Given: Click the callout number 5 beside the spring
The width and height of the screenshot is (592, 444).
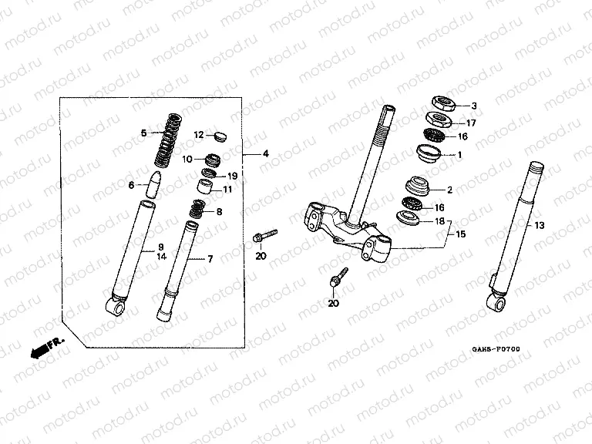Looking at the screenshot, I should (x=143, y=133).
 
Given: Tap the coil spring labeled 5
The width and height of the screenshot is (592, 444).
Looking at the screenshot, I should (x=168, y=140).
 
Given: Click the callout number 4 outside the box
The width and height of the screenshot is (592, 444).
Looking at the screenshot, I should (x=265, y=154).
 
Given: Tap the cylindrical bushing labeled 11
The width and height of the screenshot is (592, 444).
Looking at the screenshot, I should (x=205, y=187).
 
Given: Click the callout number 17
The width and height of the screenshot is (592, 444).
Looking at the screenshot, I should (x=473, y=123).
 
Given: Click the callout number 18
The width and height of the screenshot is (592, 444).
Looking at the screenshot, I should (x=440, y=221).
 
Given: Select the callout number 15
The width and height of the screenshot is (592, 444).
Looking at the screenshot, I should (x=461, y=234).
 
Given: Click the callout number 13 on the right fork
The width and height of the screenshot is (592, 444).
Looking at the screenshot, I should (x=540, y=225).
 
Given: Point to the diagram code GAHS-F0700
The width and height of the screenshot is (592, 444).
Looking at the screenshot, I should (x=495, y=350).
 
